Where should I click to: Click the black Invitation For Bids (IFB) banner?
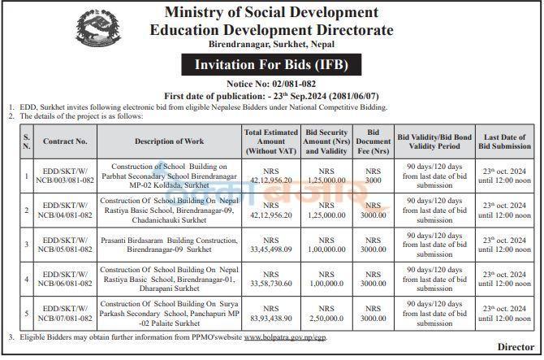tap(271, 65)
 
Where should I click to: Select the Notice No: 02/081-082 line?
tap(272, 84)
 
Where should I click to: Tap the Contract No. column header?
tap(65, 141)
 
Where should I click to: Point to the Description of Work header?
tap(169, 141)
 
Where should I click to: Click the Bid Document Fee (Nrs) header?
tap(373, 141)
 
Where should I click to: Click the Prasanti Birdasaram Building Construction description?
tap(169, 244)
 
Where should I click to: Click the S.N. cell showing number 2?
tap(27, 210)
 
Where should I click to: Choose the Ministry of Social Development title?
tap(271, 12)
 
